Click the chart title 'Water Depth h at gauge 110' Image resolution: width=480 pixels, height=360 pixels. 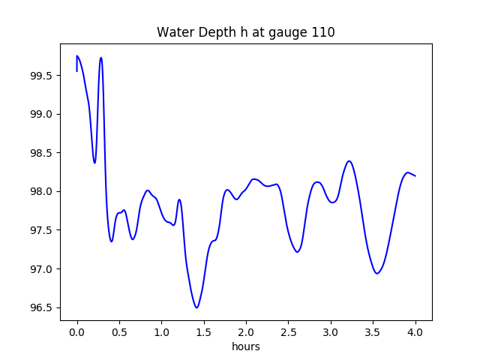(x=245, y=32)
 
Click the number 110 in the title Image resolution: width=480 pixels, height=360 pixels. (x=324, y=32)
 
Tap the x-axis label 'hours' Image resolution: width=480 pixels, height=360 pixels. (x=246, y=347)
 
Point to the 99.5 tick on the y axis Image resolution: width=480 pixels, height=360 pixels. (x=41, y=76)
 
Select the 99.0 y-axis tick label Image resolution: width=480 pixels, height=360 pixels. (x=41, y=114)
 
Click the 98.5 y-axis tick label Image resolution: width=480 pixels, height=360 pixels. (x=41, y=153)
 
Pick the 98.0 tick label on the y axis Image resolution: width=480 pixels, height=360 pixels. (x=41, y=191)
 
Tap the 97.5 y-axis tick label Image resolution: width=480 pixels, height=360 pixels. (x=41, y=230)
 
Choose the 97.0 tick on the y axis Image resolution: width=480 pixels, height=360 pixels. (x=41, y=268)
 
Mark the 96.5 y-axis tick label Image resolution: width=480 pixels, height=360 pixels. (x=41, y=307)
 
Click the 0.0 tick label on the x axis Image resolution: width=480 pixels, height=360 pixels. (x=77, y=331)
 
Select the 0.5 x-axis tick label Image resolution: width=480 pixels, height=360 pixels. (x=119, y=331)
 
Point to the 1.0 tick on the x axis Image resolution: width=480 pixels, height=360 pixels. (x=162, y=331)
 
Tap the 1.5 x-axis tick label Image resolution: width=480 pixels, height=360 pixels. (x=204, y=331)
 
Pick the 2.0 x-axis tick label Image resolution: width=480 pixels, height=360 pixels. (x=246, y=331)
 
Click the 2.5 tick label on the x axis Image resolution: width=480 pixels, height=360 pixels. (x=289, y=331)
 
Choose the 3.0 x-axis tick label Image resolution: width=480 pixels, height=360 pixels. (x=331, y=331)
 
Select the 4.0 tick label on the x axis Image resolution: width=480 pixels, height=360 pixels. (x=415, y=331)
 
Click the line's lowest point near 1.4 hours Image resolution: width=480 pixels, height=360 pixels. (x=196, y=307)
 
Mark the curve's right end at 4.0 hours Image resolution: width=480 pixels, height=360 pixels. (x=415, y=175)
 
